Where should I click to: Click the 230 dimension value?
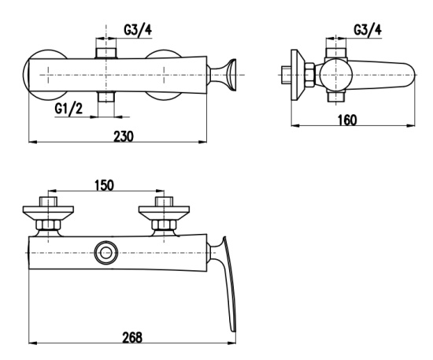pos(124,136)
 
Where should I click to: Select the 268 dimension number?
pos(132,337)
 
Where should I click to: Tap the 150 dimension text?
pos(104,185)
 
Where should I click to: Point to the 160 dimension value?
pos(347,121)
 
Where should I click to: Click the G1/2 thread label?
pos(68,109)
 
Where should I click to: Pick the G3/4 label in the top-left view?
pos(138,30)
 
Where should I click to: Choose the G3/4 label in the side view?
pos(368,30)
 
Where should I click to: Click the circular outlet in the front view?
pos(106,253)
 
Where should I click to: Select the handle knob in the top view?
pos(223,75)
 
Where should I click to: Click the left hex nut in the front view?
pos(48,225)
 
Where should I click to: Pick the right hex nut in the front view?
pos(164,225)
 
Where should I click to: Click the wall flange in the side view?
pos(298,75)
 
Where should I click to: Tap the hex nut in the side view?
pos(310,75)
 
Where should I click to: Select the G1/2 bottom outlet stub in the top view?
pos(106,97)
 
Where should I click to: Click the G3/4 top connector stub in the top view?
pos(106,53)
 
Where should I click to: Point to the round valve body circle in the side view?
pos(336,75)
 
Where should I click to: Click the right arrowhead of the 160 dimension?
pos(412,126)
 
